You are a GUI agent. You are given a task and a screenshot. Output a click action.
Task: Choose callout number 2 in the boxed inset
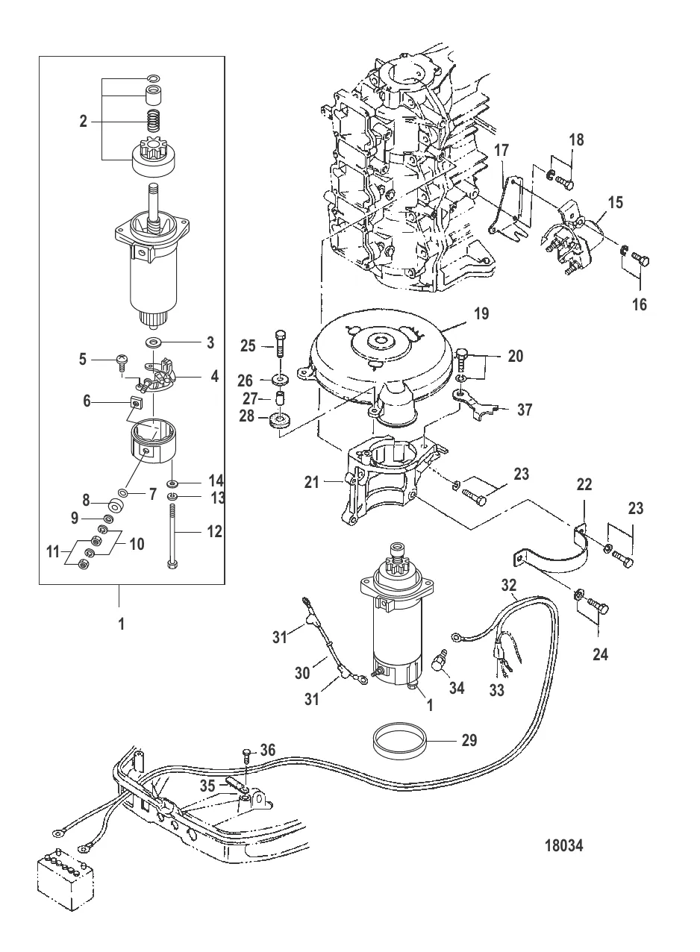coord(83,121)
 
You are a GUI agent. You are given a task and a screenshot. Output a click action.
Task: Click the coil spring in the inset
coord(153,119)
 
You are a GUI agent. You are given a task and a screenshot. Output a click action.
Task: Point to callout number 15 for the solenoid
coord(615,201)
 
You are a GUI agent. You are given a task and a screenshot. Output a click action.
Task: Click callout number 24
coord(600,655)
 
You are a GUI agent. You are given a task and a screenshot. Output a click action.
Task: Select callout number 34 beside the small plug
coord(456,688)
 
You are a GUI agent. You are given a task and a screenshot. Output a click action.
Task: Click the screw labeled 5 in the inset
coord(120,363)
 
